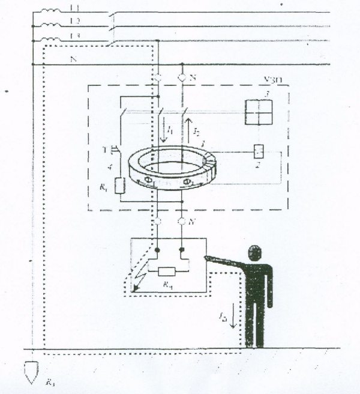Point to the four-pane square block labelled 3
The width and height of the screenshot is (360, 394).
[x=257, y=111]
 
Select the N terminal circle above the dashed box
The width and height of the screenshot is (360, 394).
[x=182, y=78]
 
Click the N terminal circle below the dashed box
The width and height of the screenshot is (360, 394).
[x=182, y=222]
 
